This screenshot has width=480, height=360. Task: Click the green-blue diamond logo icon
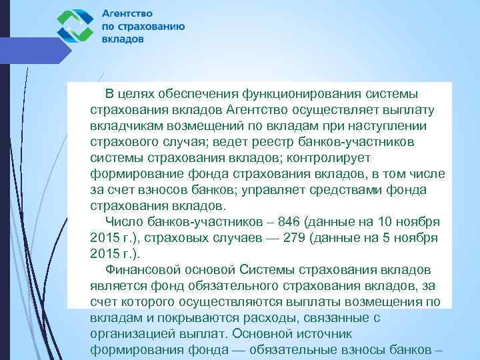click(x=75, y=27)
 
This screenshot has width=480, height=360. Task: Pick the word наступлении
click(x=383, y=126)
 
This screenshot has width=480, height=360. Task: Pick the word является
click(x=115, y=286)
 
